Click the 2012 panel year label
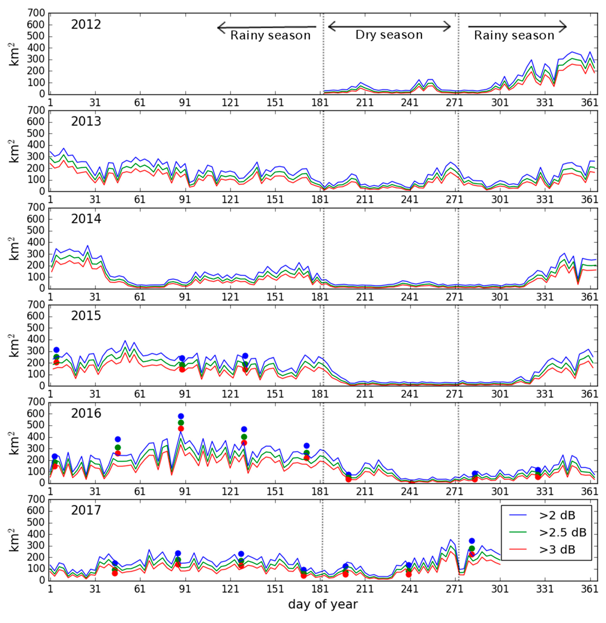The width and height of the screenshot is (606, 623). tap(86, 24)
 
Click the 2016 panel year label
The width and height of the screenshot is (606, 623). tap(86, 413)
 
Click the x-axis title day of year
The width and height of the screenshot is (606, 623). tap(323, 604)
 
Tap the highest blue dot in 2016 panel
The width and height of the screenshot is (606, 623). tap(181, 416)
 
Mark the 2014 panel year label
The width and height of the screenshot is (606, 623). tap(86, 219)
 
